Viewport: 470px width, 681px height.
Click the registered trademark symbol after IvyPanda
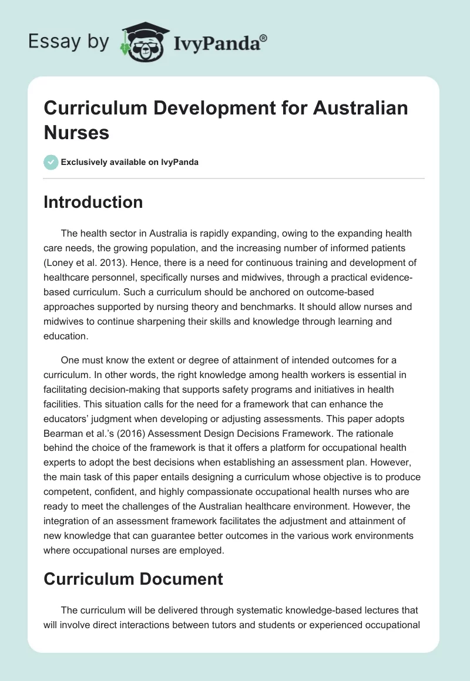[264, 37]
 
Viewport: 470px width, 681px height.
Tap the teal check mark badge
[51, 162]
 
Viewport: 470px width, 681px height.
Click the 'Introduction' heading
[93, 202]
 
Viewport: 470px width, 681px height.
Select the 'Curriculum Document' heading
[133, 579]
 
